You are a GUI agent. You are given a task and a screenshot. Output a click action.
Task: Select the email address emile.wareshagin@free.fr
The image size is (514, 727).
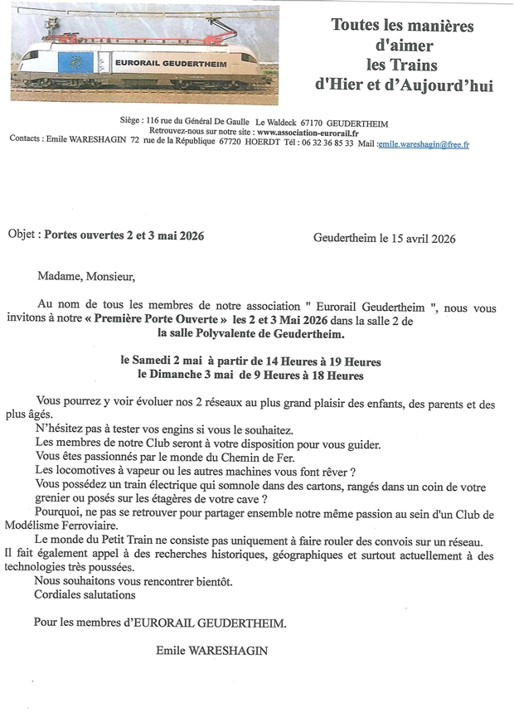coord(423,143)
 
